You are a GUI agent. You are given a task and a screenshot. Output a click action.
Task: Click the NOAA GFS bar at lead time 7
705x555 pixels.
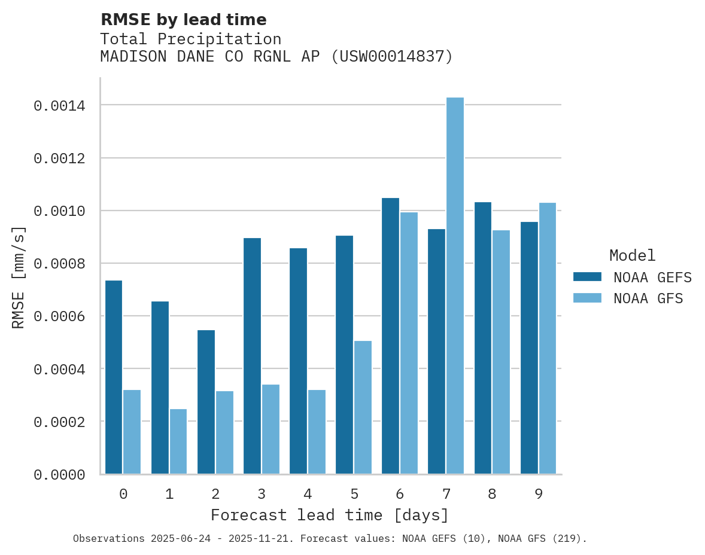click(455, 286)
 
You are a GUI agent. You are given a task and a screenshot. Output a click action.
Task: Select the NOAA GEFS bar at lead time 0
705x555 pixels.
click(114, 377)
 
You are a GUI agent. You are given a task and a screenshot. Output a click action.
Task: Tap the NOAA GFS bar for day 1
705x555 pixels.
click(178, 441)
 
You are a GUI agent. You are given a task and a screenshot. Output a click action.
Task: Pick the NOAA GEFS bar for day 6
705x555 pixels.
click(390, 336)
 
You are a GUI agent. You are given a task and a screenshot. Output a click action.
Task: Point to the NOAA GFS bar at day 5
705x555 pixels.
click(363, 407)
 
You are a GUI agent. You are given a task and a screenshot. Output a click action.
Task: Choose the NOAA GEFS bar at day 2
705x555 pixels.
click(206, 402)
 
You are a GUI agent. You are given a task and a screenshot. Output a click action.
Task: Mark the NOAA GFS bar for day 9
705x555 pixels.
click(548, 339)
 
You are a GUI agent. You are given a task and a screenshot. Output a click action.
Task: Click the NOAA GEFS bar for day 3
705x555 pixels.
click(252, 356)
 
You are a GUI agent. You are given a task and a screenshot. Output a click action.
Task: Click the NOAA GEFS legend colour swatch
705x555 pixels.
click(587, 277)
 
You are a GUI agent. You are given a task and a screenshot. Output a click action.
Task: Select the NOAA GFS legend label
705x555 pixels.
click(648, 298)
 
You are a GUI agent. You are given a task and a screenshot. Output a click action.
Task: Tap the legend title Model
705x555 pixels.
click(633, 255)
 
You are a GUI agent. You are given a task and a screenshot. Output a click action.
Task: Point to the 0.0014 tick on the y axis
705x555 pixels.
click(59, 106)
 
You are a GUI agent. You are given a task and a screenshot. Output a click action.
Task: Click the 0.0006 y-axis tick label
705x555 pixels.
click(59, 316)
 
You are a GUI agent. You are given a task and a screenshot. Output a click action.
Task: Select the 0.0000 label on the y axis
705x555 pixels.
click(59, 475)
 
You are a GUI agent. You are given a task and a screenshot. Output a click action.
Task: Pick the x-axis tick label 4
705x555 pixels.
click(308, 494)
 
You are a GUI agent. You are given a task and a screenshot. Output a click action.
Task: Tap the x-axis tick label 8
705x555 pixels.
click(492, 494)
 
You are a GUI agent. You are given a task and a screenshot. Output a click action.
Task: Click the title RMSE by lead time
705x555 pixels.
click(183, 20)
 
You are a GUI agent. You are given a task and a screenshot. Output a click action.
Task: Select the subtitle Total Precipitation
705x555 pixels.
click(190, 39)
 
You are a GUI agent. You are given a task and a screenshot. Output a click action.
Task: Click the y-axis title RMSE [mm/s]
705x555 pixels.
click(19, 277)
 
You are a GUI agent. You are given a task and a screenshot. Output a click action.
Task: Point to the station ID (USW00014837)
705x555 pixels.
click(392, 57)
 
